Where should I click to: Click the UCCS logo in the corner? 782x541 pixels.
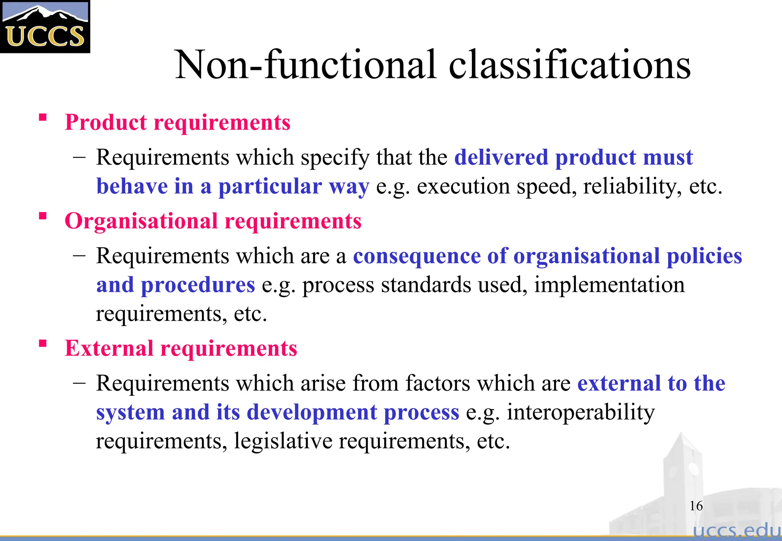tap(45, 27)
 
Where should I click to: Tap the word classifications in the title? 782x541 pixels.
tap(569, 65)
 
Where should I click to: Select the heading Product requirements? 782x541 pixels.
tap(178, 122)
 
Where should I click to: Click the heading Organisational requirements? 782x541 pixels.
tap(213, 221)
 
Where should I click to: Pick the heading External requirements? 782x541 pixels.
tap(181, 348)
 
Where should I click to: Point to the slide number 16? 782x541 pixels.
tap(696, 506)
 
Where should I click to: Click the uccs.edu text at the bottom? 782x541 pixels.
tap(737, 530)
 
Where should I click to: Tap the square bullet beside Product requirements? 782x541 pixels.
tap(43, 117)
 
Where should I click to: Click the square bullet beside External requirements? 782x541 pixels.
tap(43, 343)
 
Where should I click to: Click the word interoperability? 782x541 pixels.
tap(581, 412)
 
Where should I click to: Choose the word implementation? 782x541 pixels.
tap(609, 285)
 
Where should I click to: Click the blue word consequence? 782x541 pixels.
tap(417, 256)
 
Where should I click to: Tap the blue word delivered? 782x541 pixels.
tap(501, 158)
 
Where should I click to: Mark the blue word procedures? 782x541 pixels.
tap(198, 285)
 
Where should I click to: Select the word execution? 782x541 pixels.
tap(463, 187)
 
